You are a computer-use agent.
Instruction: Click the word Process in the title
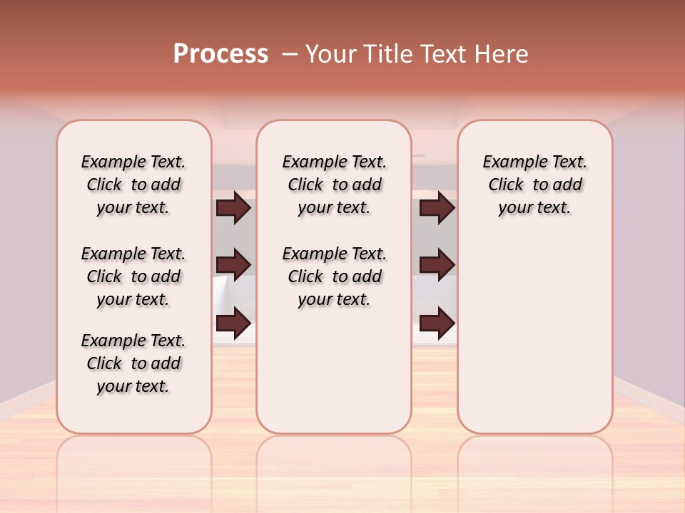[x=220, y=54]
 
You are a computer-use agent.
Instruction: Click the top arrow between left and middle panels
[x=233, y=208]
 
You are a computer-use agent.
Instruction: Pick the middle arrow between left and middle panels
[x=233, y=265]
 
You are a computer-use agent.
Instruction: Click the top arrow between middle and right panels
[x=437, y=208]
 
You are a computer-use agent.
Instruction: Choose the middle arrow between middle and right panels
[x=437, y=265]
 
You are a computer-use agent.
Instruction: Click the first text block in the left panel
[x=133, y=185]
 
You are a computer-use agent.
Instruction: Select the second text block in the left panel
[x=133, y=276]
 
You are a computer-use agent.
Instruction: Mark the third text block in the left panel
[x=133, y=363]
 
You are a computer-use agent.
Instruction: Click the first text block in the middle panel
[x=334, y=185]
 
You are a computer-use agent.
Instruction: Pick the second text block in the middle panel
[x=334, y=276]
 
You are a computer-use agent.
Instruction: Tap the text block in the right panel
[x=534, y=185]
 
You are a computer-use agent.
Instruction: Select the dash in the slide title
[x=290, y=54]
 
